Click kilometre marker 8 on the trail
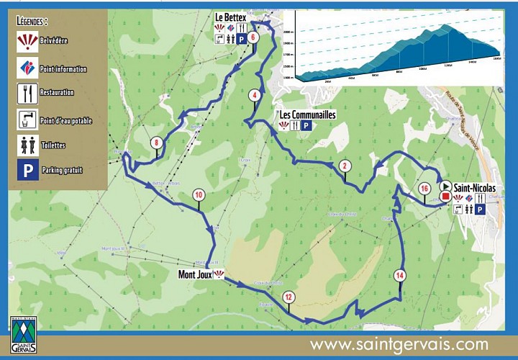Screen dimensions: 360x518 point(156,143)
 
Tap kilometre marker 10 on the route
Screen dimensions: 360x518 point(199,194)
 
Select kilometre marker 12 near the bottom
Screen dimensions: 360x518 point(288,297)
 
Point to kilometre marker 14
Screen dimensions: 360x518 point(400,275)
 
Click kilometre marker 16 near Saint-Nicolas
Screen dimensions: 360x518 point(424,189)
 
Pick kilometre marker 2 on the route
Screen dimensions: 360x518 point(345,166)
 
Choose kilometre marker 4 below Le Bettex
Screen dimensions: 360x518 point(254,95)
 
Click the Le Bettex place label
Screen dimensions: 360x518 point(231,17)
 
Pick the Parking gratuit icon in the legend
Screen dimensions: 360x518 point(27,171)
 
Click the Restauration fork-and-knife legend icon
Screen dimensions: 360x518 point(27,94)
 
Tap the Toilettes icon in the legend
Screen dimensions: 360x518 point(27,145)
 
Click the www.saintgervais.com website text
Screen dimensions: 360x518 point(399,345)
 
